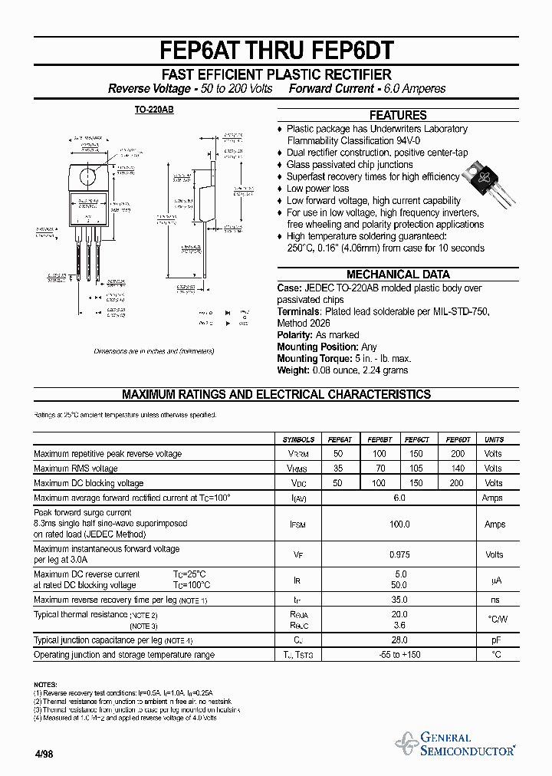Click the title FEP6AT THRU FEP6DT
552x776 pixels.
277,51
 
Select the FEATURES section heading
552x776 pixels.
398,115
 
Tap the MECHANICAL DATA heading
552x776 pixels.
398,275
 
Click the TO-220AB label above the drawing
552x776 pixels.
154,110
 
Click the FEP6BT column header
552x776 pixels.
379,439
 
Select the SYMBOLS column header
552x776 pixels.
298,439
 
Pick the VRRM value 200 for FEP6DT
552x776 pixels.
457,454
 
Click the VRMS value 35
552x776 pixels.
339,469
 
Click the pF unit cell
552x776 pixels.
495,640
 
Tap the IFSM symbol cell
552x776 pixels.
298,524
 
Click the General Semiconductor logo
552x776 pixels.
456,744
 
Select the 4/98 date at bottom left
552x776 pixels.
44,754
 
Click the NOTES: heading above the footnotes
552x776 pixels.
45,683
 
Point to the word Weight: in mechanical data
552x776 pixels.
293,370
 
